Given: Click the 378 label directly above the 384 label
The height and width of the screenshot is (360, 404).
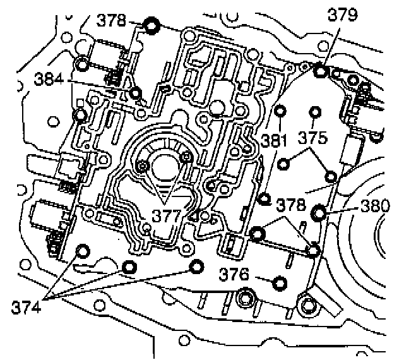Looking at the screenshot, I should click(x=113, y=21).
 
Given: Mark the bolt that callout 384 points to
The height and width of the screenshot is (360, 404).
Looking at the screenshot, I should click(x=135, y=93).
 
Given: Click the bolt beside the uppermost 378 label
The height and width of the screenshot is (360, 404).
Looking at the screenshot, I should click(x=151, y=26).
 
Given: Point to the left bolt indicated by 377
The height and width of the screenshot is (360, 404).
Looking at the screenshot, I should click(x=144, y=165).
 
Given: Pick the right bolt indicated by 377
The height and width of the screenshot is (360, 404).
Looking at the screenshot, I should click(x=186, y=157).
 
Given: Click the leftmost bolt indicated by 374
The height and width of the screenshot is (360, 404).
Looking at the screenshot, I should click(x=81, y=251).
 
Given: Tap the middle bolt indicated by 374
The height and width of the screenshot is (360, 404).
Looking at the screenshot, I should click(x=128, y=268).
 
